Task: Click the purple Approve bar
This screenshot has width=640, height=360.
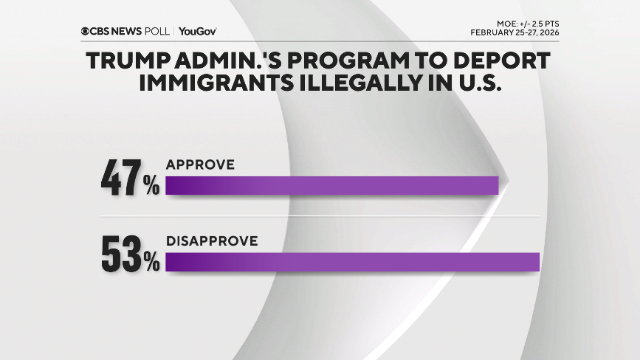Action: coord(332,185)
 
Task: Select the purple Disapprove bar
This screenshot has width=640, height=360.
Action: coord(353,262)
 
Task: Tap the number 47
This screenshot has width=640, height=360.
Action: coord(121,179)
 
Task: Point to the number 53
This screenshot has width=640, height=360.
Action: coord(121,255)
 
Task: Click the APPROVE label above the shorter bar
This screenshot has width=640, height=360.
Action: coord(200,165)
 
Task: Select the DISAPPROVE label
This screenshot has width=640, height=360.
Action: coord(211,240)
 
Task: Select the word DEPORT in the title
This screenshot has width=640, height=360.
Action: coord(508,61)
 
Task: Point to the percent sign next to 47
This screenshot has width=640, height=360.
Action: coord(151,186)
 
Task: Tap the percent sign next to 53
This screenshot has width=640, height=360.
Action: coord(151,262)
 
